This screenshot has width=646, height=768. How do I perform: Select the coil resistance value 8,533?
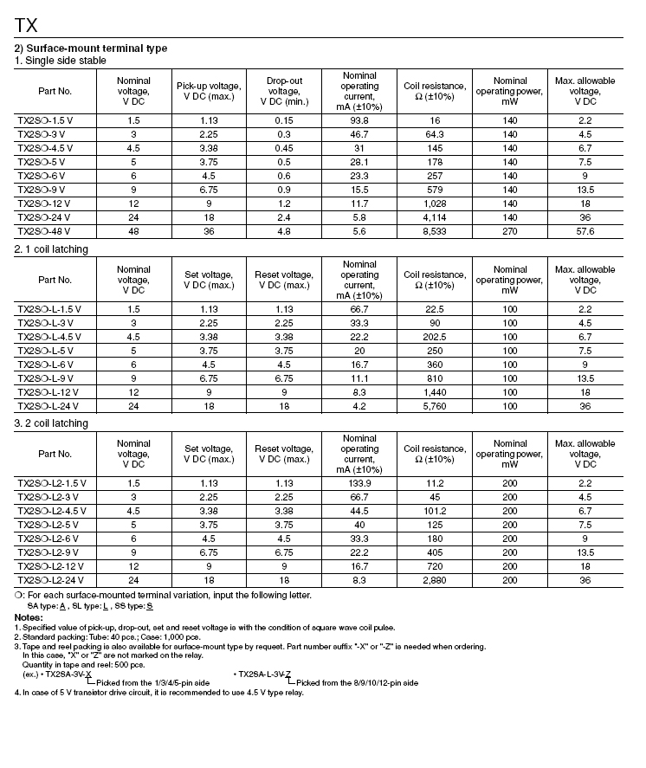pos(435,231)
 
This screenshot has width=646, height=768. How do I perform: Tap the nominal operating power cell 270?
pos(510,231)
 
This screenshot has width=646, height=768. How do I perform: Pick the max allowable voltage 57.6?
pos(585,231)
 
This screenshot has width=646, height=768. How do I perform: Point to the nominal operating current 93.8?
pos(359,120)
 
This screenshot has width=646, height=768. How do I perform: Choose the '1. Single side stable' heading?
pos(61,61)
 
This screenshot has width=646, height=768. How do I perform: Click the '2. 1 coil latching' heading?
pos(51,249)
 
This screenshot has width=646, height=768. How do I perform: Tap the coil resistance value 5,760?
pos(435,406)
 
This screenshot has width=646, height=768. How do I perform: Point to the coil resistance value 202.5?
pos(435,337)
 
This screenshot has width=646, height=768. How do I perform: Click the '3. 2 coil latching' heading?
pos(51,423)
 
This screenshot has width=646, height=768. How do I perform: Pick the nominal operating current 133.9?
pos(359,483)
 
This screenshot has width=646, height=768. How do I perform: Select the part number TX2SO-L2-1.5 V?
pos(55,483)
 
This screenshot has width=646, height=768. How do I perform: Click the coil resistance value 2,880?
pos(435,580)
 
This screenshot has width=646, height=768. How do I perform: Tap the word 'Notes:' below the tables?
pos(29,616)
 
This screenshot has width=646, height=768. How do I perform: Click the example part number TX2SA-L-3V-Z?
pos(264,674)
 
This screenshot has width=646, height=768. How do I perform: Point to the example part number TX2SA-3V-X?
pos(68,674)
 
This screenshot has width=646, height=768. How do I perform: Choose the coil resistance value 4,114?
pos(435,217)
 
